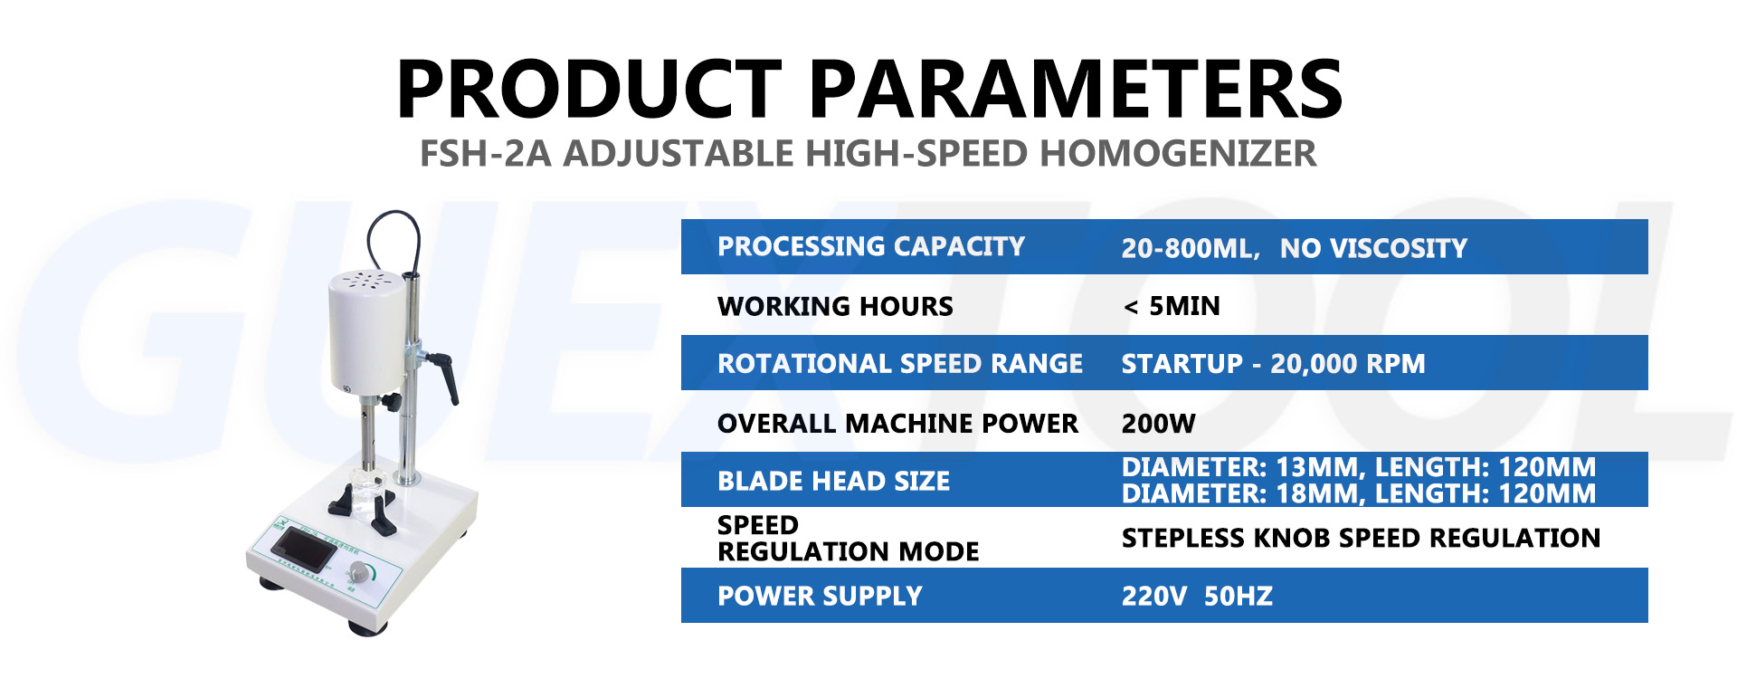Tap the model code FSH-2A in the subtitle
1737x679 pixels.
coord(485,154)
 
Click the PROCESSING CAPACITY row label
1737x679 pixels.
coord(870,246)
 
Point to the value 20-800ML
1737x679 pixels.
coord(1189,248)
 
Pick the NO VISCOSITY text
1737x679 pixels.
coord(1373,248)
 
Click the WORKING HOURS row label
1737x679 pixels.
coord(835,306)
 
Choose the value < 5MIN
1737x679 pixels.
coord(1172,306)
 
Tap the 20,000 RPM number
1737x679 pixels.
coord(1347,364)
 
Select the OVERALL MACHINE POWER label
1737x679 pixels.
coord(897,423)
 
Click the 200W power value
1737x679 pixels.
coord(1158,423)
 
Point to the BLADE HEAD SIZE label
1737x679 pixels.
coord(833,481)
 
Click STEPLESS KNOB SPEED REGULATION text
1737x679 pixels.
coord(1361,538)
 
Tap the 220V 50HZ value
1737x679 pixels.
coord(1197,596)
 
